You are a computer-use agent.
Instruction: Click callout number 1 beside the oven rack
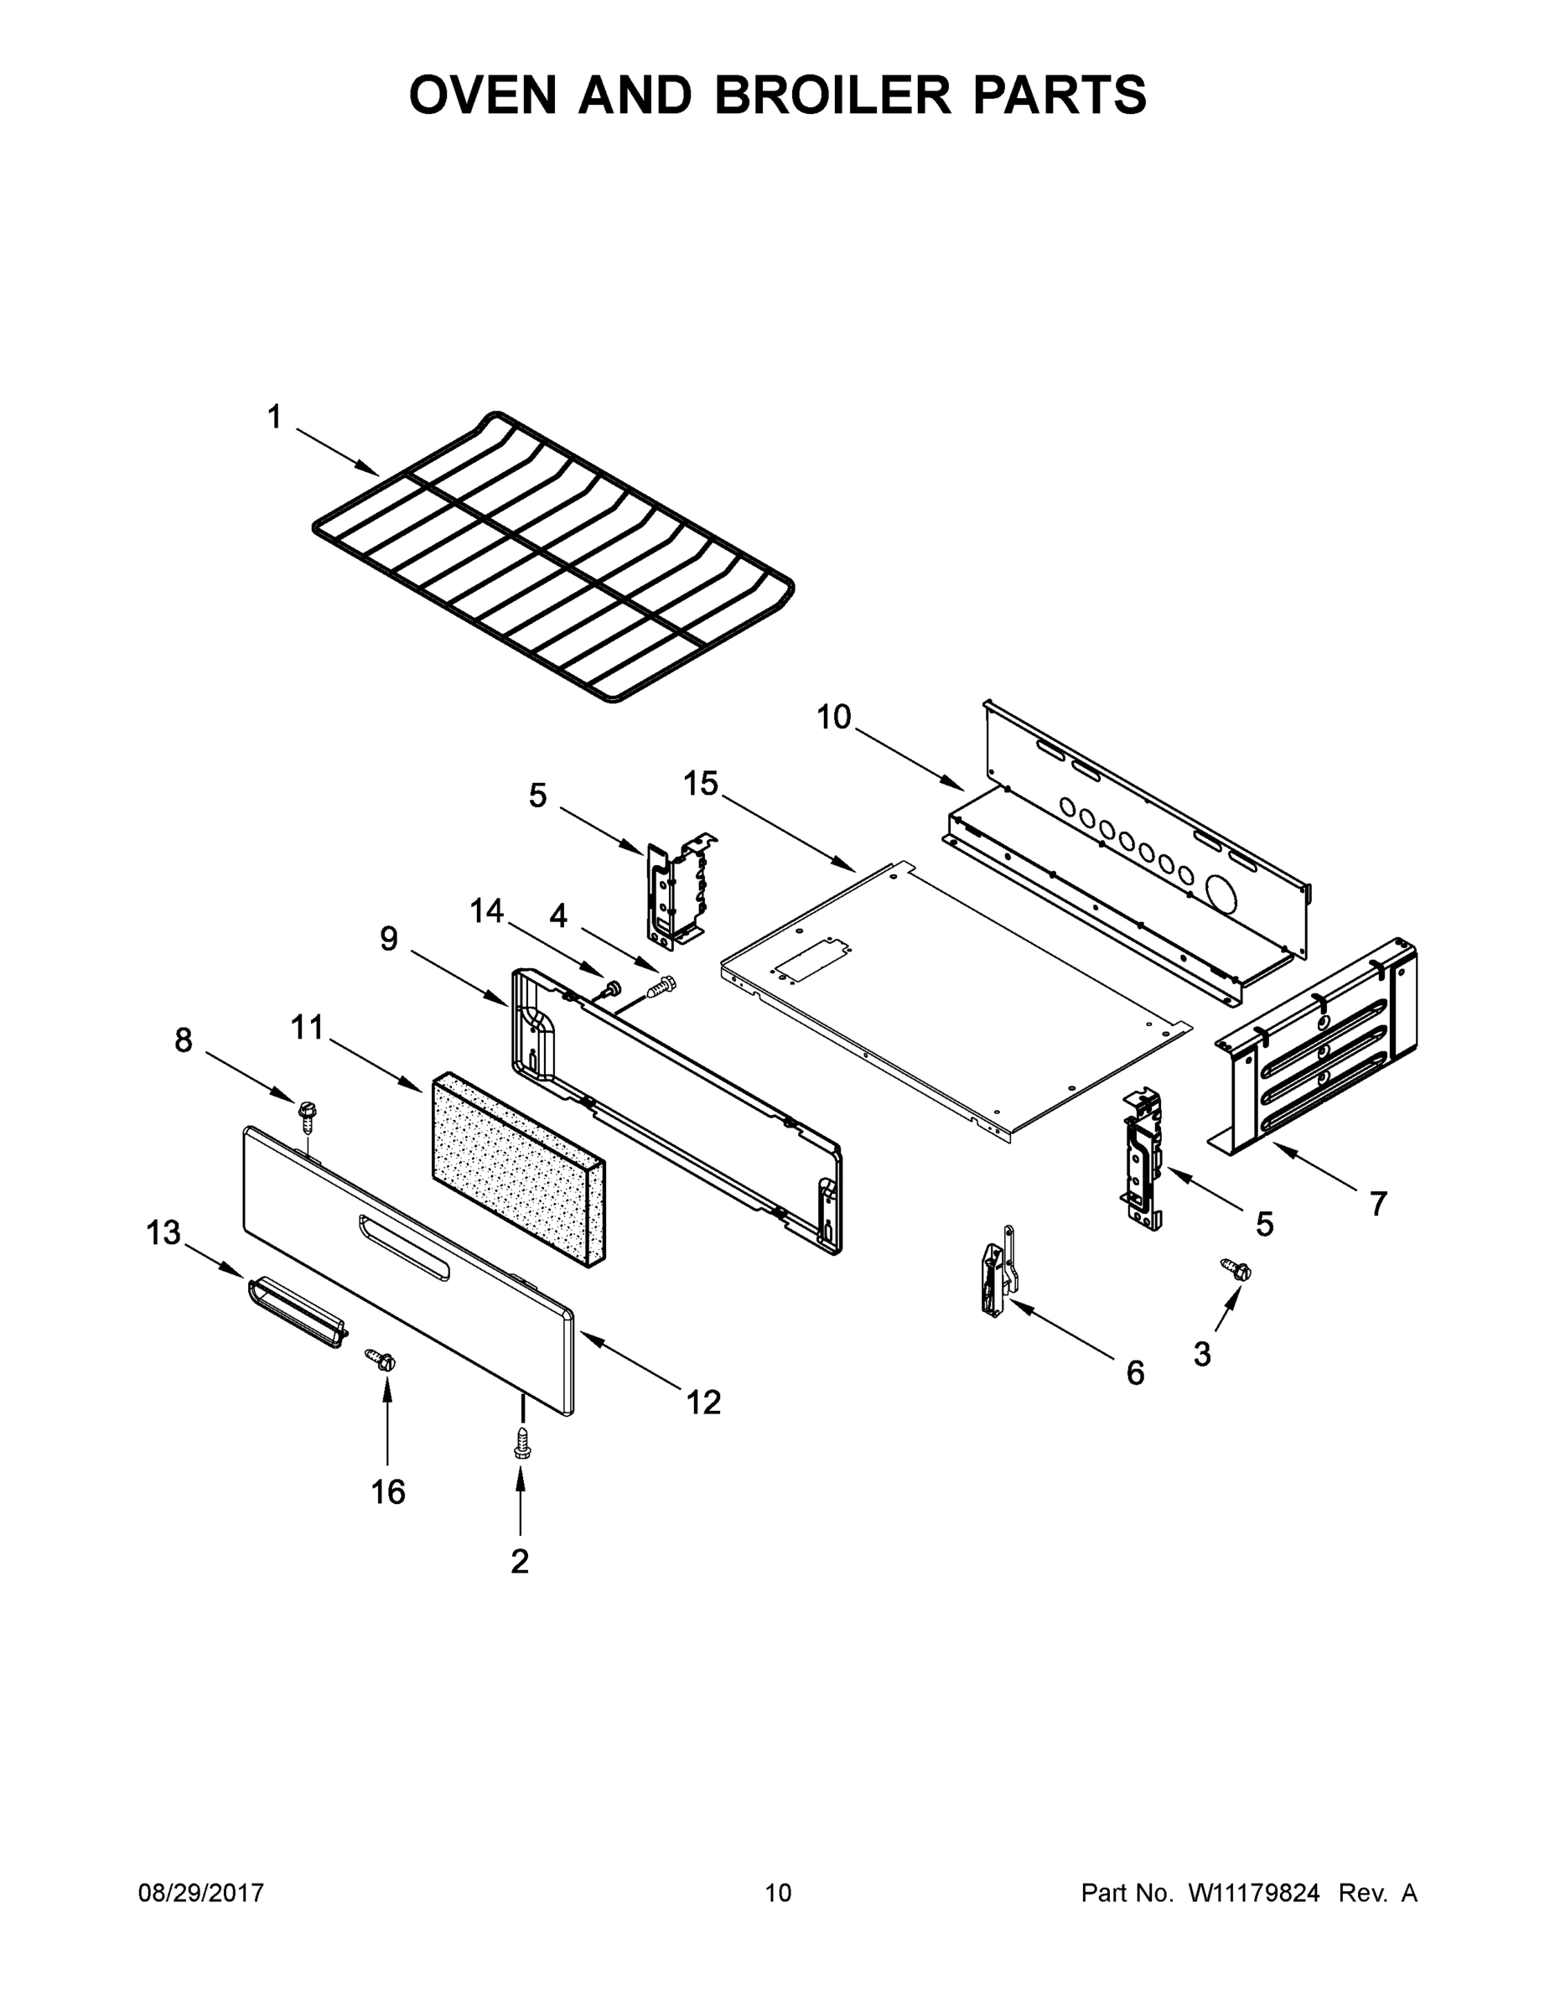(x=273, y=417)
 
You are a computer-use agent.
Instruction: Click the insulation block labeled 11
(x=516, y=1165)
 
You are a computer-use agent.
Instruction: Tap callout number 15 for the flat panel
(x=700, y=784)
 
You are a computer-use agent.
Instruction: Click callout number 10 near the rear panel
(x=834, y=716)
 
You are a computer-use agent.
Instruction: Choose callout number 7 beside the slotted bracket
(x=1377, y=1203)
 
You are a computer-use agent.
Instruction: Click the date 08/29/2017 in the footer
(x=201, y=1892)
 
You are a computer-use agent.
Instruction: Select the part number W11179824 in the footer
(x=1254, y=1892)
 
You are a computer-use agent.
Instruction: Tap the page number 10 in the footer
(x=778, y=1892)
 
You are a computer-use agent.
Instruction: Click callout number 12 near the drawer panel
(x=702, y=1401)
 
